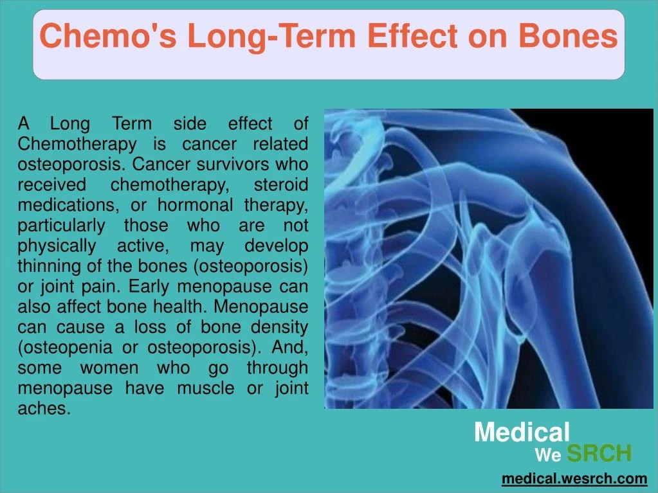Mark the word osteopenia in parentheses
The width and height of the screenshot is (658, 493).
pos(62,348)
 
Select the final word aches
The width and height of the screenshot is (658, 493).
pos(44,409)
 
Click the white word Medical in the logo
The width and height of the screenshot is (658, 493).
pos(522,432)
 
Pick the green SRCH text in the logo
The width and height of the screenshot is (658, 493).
pos(599,454)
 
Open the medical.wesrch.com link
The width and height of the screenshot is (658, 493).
pos(574,478)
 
